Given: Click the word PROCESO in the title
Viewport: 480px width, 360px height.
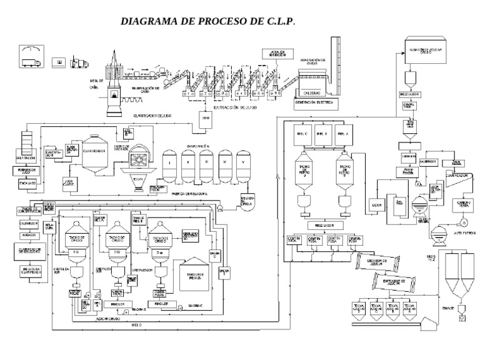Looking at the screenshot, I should click(213, 21).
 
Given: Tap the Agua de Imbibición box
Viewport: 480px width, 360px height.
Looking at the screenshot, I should click(277, 54).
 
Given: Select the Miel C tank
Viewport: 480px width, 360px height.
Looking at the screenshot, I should click(302, 134).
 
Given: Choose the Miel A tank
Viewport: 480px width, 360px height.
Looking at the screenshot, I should click(342, 134).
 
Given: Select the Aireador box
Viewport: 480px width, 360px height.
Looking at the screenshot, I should click(26, 236).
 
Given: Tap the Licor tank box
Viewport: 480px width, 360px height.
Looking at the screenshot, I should click(376, 204).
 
